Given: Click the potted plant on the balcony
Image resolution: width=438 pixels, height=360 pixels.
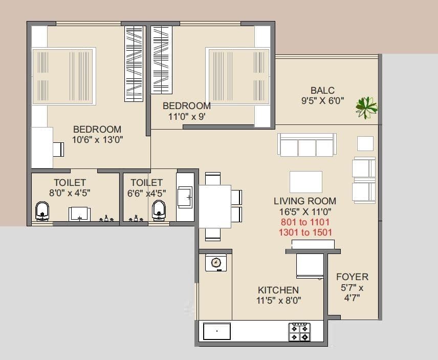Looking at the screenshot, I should [x=366, y=106].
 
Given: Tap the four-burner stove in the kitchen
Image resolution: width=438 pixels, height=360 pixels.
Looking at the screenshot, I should [x=300, y=332].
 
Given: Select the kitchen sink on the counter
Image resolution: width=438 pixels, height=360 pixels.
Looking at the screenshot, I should [x=217, y=331].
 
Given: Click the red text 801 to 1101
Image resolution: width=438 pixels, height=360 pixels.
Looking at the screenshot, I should [x=305, y=222].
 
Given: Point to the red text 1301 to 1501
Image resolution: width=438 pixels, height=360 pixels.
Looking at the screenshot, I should [x=305, y=232].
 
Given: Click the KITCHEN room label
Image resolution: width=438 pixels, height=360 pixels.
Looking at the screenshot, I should [x=278, y=290].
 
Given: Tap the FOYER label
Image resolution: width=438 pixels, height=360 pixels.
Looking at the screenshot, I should [x=352, y=277].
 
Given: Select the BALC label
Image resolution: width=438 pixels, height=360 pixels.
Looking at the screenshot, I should [x=322, y=91].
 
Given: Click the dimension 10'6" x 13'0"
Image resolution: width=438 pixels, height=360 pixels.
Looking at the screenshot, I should [x=97, y=139].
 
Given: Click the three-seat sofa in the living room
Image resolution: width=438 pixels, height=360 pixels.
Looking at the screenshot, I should [x=306, y=145].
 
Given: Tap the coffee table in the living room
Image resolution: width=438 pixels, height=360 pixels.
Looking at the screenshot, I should [x=306, y=181].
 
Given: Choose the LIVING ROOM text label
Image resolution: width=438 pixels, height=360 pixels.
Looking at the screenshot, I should [x=305, y=201].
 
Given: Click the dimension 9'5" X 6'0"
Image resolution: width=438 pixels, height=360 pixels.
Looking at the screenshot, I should [x=322, y=101].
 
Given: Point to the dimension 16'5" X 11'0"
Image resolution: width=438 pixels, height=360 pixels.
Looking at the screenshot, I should [x=305, y=211].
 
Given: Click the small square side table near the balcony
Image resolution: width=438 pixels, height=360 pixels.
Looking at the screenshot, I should [x=365, y=143].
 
